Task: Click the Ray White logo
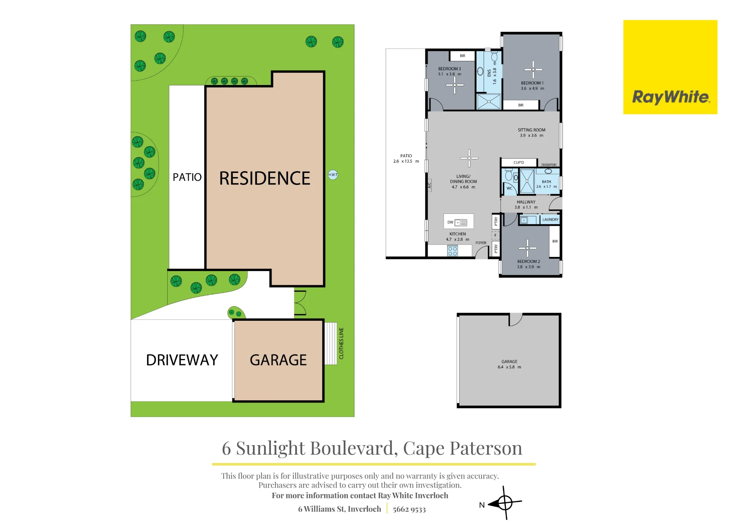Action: (x=670, y=67)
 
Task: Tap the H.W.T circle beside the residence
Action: (x=333, y=175)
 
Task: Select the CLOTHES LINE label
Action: (x=341, y=343)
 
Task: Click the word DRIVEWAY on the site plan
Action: (x=182, y=360)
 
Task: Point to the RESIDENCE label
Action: (x=265, y=178)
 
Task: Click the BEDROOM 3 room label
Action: (x=450, y=69)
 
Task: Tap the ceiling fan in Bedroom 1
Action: (x=533, y=69)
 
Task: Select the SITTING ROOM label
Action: (x=532, y=130)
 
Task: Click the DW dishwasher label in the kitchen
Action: (x=450, y=222)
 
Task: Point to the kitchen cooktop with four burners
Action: (x=452, y=251)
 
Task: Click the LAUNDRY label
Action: (x=550, y=219)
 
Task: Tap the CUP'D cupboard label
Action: (x=519, y=163)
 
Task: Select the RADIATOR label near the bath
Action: (x=549, y=165)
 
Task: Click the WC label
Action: (x=509, y=188)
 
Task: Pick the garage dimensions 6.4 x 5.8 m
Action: (x=509, y=367)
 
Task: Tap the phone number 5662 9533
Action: (x=409, y=509)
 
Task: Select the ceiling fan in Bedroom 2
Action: (x=528, y=248)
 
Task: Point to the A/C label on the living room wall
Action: (x=429, y=185)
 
